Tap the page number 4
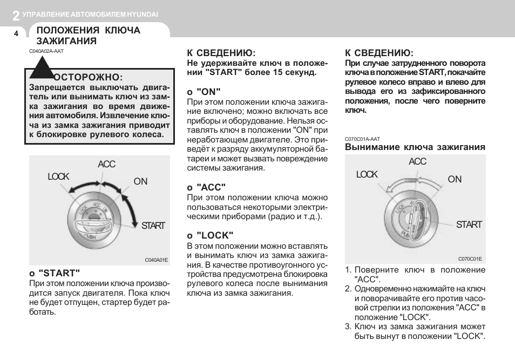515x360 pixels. point(16,33)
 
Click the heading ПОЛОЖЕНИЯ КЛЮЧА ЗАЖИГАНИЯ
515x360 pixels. point(88,36)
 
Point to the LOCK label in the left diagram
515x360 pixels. point(58,176)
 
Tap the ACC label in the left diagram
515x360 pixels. point(106,164)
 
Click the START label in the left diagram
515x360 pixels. point(153,226)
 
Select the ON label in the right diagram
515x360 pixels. point(455,179)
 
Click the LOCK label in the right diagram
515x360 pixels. point(367,174)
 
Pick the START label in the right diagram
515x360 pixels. point(469,225)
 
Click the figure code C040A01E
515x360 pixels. point(156,260)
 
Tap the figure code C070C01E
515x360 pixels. point(470,259)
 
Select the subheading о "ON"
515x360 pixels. point(204,92)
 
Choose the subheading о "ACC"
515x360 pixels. point(206,187)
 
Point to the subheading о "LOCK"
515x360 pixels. point(210,235)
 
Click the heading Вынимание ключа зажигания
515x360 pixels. point(415,147)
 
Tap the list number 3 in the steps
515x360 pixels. point(348,327)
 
